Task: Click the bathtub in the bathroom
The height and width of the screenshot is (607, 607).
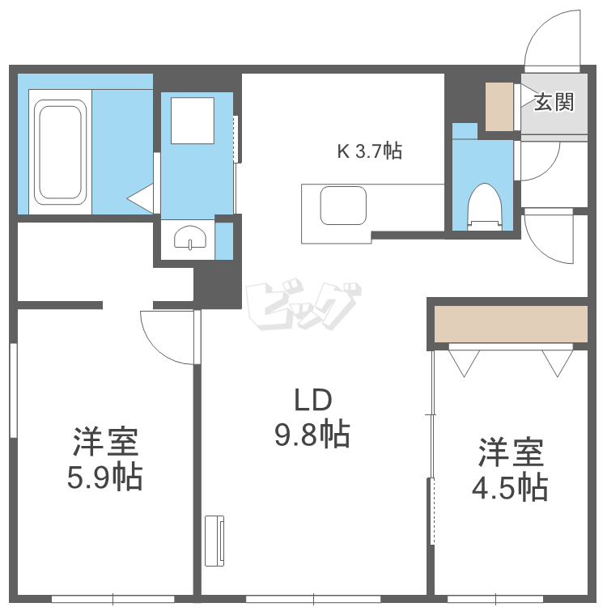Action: click(x=60, y=152)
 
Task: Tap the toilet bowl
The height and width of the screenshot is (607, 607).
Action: click(x=484, y=206)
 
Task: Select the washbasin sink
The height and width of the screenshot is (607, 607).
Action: click(x=190, y=237)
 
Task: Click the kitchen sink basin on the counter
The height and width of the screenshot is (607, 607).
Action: click(x=343, y=206)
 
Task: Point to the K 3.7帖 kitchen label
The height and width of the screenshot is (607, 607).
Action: click(x=370, y=151)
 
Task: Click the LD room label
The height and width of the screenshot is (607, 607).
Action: click(x=313, y=400)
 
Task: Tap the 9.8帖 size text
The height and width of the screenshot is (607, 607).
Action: click(x=312, y=435)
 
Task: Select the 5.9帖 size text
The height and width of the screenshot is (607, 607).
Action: click(x=105, y=477)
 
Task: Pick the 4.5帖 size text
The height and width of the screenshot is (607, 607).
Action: click(x=510, y=488)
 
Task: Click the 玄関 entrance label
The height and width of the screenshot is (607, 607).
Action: click(x=554, y=102)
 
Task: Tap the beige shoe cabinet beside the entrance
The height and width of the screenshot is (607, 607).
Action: click(x=499, y=107)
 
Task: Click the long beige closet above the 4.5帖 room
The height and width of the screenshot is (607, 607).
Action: click(x=511, y=324)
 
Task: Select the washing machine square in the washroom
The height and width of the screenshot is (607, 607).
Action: click(x=193, y=121)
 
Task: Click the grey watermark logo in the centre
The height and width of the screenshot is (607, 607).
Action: click(x=303, y=304)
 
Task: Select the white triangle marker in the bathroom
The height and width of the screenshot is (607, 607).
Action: click(x=140, y=198)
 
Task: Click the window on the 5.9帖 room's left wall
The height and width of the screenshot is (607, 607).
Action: click(x=14, y=390)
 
